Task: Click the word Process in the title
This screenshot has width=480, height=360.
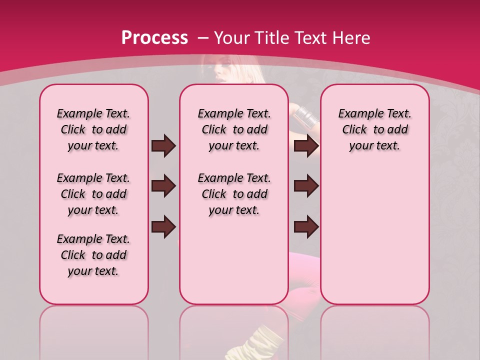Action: tap(154, 37)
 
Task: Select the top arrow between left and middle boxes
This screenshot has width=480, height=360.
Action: tap(163, 146)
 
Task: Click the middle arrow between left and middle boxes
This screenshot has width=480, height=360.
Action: tap(163, 186)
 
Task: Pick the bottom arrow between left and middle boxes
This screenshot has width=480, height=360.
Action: tap(163, 226)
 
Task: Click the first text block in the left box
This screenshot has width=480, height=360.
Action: tap(93, 130)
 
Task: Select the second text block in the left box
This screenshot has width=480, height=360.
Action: tap(93, 194)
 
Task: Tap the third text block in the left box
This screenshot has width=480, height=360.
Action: tap(93, 255)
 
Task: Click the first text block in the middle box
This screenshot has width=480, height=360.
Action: tap(234, 130)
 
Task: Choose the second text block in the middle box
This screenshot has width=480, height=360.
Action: tap(234, 194)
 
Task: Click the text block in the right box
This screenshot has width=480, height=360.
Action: tap(374, 130)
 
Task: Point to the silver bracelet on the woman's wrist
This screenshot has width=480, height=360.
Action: tap(306, 116)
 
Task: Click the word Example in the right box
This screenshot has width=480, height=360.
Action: tap(358, 114)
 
